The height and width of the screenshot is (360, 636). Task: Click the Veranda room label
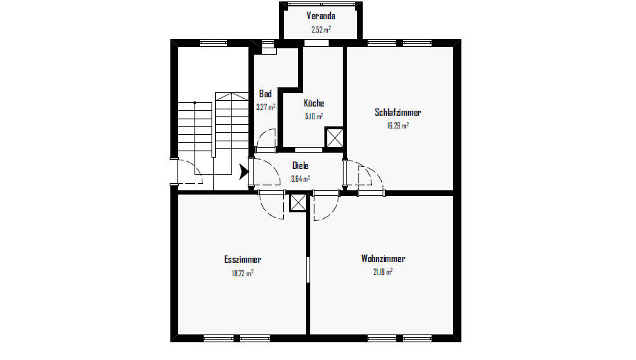point(320,16)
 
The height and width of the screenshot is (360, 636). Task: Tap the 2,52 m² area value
point(320,30)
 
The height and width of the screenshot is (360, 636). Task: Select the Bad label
point(265,94)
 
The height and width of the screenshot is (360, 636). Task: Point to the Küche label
point(314,103)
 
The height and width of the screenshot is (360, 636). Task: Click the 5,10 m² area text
point(314,116)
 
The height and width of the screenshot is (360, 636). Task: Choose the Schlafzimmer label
point(397,112)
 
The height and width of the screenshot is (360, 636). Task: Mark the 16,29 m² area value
point(397,125)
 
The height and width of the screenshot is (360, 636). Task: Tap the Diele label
point(300,165)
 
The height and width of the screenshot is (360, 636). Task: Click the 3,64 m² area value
point(300,178)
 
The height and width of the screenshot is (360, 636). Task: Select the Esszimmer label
point(243,259)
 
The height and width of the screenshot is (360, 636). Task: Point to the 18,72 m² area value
point(243,273)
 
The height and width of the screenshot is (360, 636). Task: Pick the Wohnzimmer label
point(383,258)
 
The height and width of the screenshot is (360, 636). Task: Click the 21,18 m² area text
point(383,271)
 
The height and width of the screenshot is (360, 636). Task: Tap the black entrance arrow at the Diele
point(245,172)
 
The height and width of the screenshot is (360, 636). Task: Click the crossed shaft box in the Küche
point(334,137)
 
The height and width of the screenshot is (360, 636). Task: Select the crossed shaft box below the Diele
point(298,202)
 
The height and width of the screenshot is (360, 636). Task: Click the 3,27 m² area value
point(265,107)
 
